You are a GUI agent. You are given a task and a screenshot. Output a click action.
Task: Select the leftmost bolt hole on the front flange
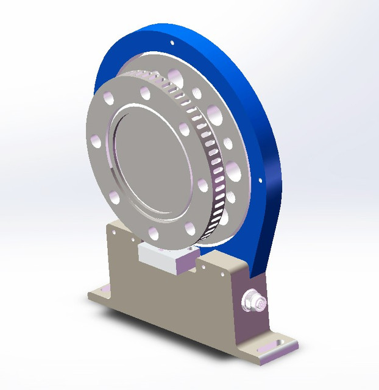(94, 141)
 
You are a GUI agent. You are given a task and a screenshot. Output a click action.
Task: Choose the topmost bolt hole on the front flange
(145, 93)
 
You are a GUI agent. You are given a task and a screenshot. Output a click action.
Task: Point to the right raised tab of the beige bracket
(219, 263)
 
